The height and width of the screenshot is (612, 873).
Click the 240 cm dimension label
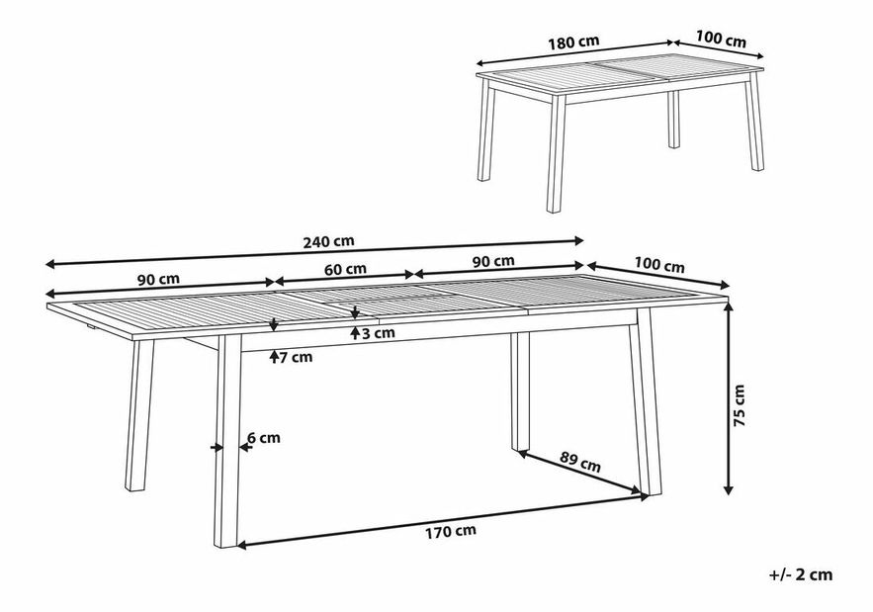tap(328, 241)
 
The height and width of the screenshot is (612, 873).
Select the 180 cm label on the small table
tap(573, 42)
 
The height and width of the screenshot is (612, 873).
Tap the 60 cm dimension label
tap(345, 270)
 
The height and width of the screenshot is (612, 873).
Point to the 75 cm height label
tap(739, 405)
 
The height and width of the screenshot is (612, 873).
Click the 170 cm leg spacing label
tap(451, 531)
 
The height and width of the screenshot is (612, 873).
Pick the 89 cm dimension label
tap(579, 462)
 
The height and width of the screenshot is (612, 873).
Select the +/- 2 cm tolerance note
tap(801, 574)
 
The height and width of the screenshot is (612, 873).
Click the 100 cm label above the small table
tap(721, 39)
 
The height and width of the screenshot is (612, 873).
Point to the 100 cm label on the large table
tap(659, 266)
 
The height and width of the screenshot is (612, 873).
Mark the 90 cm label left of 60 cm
tap(158, 279)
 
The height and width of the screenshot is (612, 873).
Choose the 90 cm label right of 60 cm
tap(493, 261)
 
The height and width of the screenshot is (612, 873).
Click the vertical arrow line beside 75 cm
tap(727, 399)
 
